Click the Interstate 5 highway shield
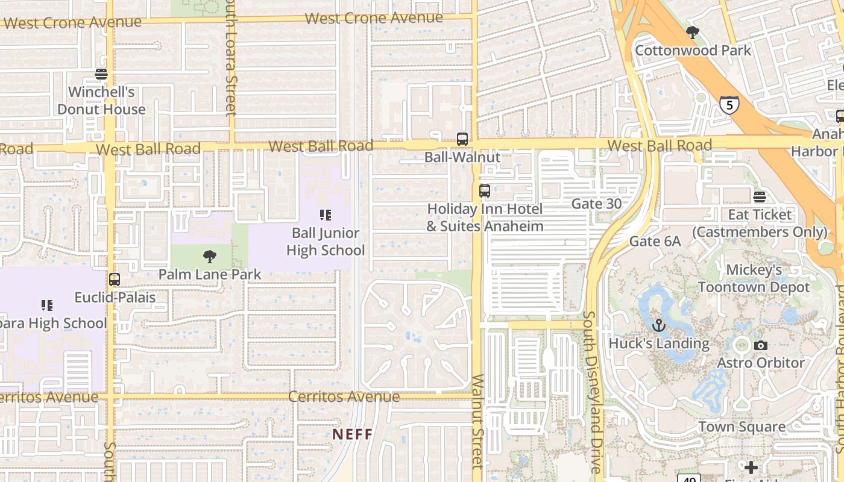(x=729, y=105)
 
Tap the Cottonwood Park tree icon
(x=693, y=33)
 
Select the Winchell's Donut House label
(x=101, y=101)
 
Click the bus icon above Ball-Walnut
(x=462, y=139)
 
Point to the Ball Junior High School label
(x=326, y=242)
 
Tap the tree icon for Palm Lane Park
(x=209, y=257)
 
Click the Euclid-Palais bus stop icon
(x=115, y=280)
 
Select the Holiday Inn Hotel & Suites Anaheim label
(x=485, y=218)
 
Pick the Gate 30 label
(x=596, y=204)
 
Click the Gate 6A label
(x=655, y=242)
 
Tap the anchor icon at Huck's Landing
(x=659, y=326)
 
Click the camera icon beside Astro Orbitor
(x=761, y=345)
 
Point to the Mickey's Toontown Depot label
(x=754, y=278)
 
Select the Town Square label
(x=742, y=427)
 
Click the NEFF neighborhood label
(x=353, y=434)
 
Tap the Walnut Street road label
(x=477, y=422)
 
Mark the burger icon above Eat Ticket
(x=760, y=197)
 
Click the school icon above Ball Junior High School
(x=326, y=215)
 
